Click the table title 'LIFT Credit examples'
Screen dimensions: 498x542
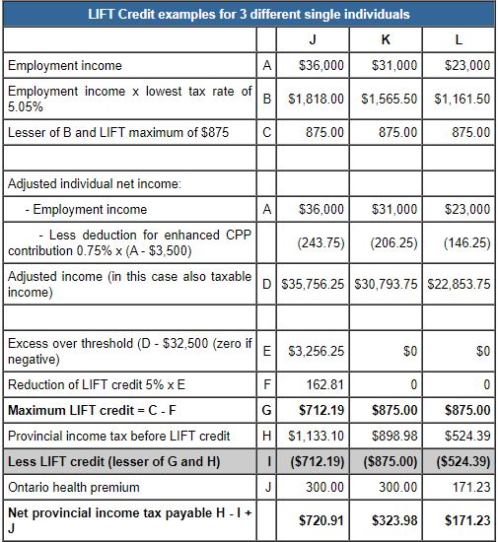tap(249, 15)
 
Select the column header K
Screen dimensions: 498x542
tap(387, 40)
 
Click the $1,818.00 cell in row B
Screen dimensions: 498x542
tap(316, 100)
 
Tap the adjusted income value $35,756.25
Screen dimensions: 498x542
tap(315, 284)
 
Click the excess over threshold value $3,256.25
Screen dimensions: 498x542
tap(317, 350)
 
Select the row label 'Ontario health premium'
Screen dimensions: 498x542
tap(70, 486)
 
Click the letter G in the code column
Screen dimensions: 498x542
tap(266, 410)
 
